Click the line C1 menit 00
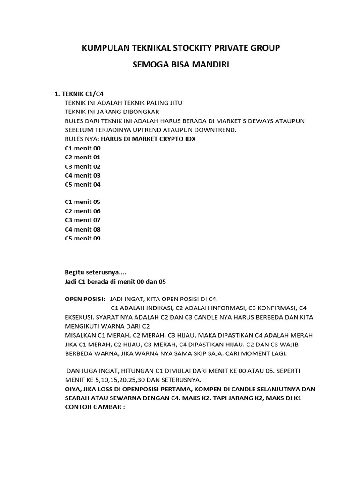82,148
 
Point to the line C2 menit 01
82,157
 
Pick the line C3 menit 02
82,166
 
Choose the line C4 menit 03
82,175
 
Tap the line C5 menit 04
82,184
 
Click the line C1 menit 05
82,202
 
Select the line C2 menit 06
82,211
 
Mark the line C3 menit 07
82,220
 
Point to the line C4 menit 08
82,230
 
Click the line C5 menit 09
82,239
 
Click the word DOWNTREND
215,130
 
